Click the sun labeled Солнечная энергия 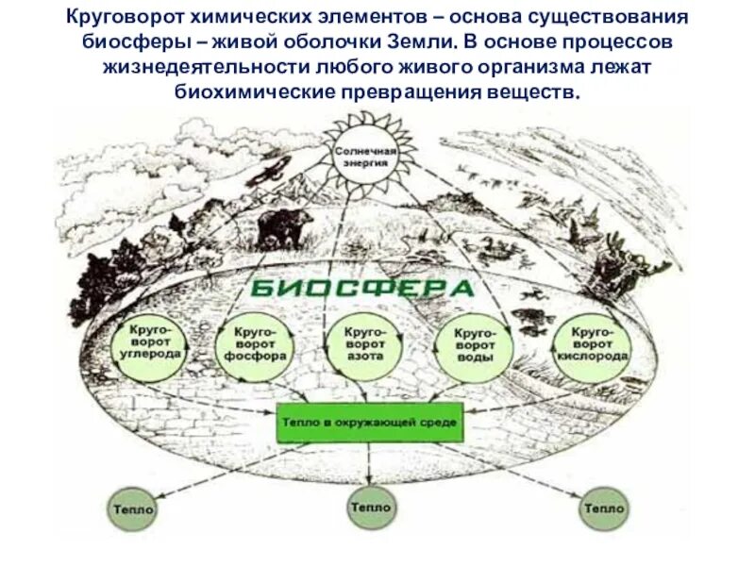coord(371,156)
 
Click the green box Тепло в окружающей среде coord(370,423)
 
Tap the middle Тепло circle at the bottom coord(371,507)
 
